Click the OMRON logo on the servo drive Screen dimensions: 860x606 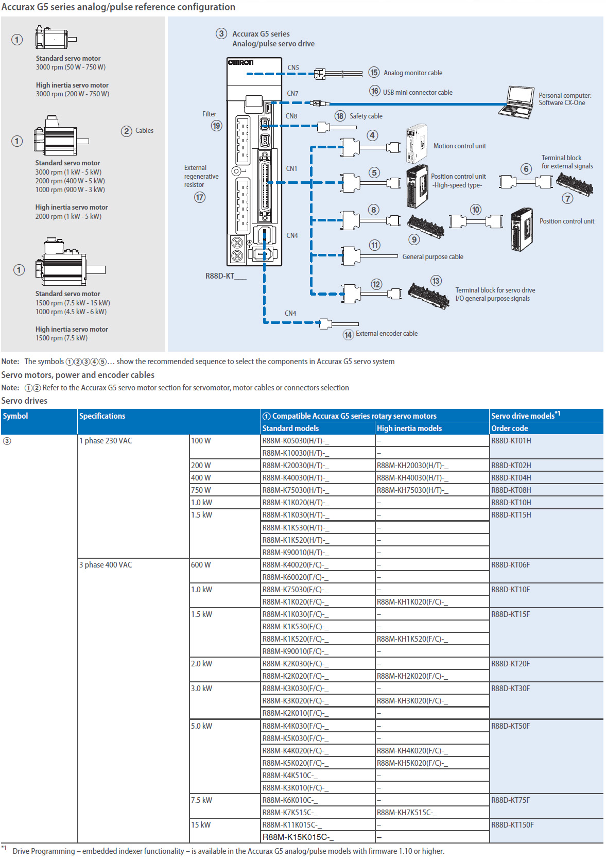[240, 62]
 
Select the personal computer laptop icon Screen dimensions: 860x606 [517, 102]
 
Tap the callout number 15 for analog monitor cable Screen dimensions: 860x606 [374, 73]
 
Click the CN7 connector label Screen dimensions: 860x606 [292, 93]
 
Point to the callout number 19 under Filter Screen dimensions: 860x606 [216, 126]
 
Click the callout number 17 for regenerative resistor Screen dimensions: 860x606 [200, 197]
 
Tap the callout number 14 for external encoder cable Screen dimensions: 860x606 [348, 335]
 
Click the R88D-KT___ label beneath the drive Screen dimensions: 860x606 [226, 276]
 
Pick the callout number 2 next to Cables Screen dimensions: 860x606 [127, 131]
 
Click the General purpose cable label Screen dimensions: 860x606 [432, 256]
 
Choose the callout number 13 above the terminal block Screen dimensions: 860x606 [436, 281]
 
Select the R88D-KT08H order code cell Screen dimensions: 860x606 [511, 490]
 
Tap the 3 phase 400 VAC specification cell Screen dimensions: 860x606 [106, 565]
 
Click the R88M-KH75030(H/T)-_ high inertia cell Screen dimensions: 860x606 [412, 490]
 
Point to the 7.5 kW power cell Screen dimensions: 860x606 [201, 800]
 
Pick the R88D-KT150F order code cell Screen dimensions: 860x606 [512, 825]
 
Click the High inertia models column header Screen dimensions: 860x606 [409, 428]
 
